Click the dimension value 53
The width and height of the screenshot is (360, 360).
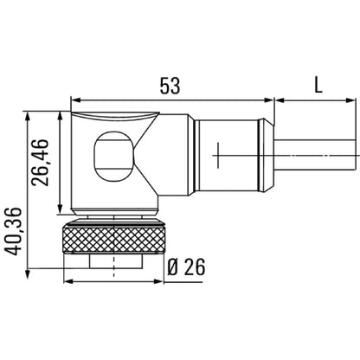[171, 87]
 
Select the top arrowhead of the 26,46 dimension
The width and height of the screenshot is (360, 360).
[59, 115]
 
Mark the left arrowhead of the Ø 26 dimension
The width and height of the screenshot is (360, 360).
[69, 280]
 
